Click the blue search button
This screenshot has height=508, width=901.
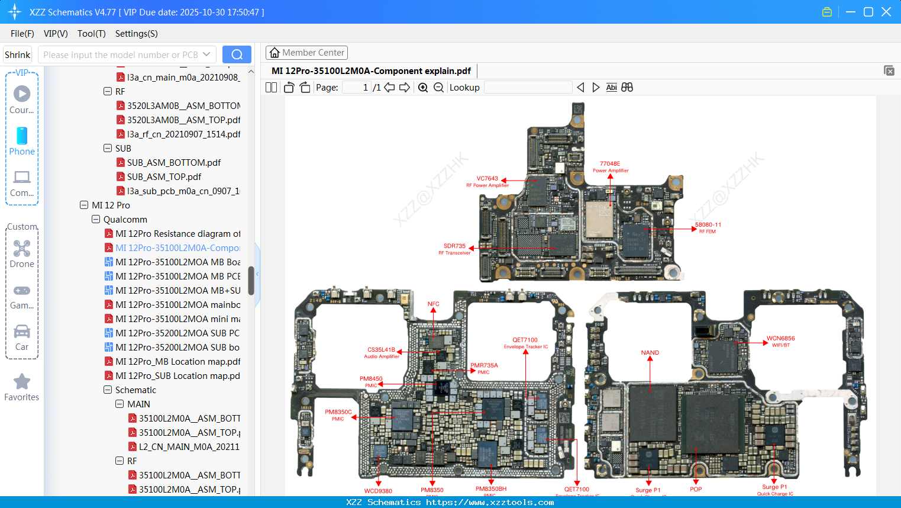point(237,54)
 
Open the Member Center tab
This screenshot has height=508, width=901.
point(306,53)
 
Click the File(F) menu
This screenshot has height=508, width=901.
point(22,34)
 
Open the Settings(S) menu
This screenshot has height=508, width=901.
point(136,34)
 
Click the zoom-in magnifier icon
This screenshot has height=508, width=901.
point(423,88)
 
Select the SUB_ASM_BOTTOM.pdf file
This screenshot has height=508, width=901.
point(173,163)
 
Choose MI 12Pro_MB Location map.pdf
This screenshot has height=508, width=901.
point(177,362)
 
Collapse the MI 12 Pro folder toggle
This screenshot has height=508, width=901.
point(84,205)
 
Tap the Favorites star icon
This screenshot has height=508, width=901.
point(22,382)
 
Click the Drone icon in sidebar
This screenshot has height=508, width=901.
point(22,249)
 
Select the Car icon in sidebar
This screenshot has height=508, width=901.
point(22,332)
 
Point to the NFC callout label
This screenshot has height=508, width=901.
point(433,304)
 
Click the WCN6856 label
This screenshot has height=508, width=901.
point(780,339)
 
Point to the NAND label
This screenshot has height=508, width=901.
point(650,353)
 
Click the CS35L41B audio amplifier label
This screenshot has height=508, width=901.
point(381,350)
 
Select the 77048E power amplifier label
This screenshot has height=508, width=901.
point(610,164)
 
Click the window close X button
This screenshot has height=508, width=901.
point(886,12)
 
